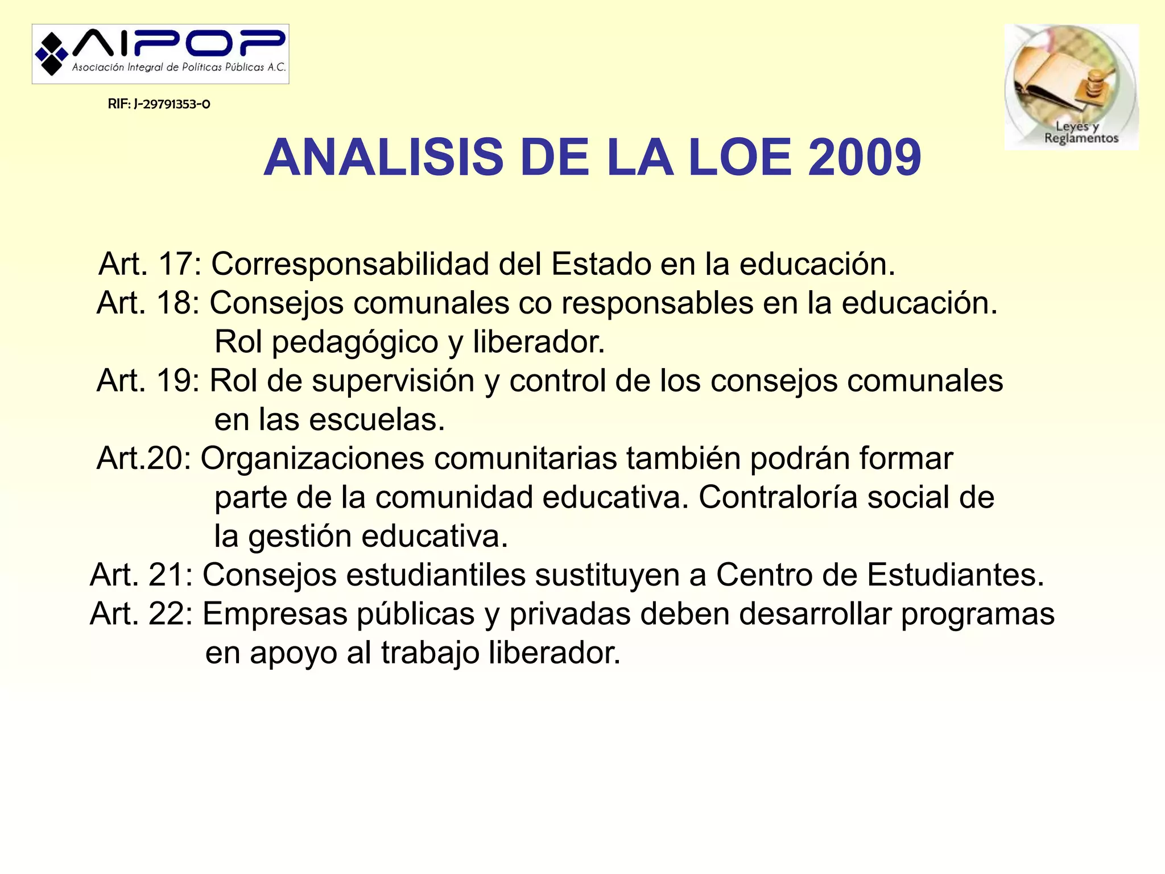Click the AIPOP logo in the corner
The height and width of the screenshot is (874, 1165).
tap(160, 54)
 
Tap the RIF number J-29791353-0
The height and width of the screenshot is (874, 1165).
tap(159, 104)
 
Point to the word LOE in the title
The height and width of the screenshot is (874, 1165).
tap(740, 158)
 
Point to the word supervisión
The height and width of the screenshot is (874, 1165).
tap(393, 381)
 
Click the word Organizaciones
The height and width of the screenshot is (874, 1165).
tap(312, 459)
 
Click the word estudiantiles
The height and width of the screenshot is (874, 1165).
tap(435, 575)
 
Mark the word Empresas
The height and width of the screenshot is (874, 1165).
tap(275, 615)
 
